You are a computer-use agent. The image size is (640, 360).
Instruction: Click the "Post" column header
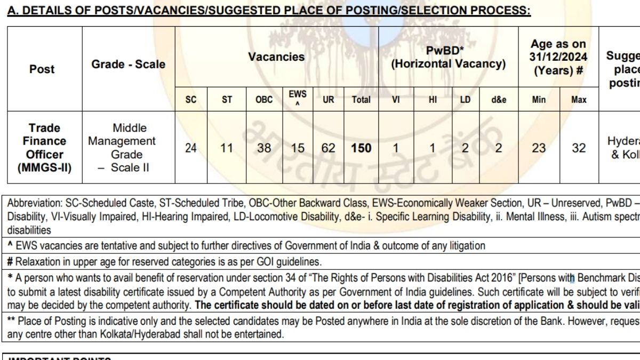[42, 69]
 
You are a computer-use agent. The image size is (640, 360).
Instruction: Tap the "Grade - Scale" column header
[129, 65]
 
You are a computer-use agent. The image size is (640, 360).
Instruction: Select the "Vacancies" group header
[276, 57]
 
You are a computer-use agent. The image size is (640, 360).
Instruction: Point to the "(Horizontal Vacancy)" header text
[449, 64]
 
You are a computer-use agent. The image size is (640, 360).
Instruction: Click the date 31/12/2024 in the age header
[558, 57]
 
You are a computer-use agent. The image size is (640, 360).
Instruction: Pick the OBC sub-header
[264, 99]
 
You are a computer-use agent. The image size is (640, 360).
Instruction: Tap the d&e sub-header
[498, 99]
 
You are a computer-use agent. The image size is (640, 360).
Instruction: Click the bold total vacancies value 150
[361, 148]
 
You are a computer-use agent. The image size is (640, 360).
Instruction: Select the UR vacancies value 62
[328, 148]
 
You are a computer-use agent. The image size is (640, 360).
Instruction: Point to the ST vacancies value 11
[227, 148]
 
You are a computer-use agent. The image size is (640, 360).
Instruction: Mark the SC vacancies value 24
[190, 148]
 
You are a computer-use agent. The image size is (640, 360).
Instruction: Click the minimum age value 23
[539, 148]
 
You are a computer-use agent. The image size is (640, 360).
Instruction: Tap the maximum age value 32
[579, 148]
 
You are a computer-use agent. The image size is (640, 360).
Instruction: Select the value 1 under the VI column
[395, 148]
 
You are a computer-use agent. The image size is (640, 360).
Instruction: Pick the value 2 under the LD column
[465, 148]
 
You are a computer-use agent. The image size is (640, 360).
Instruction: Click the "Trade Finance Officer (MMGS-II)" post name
[45, 148]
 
